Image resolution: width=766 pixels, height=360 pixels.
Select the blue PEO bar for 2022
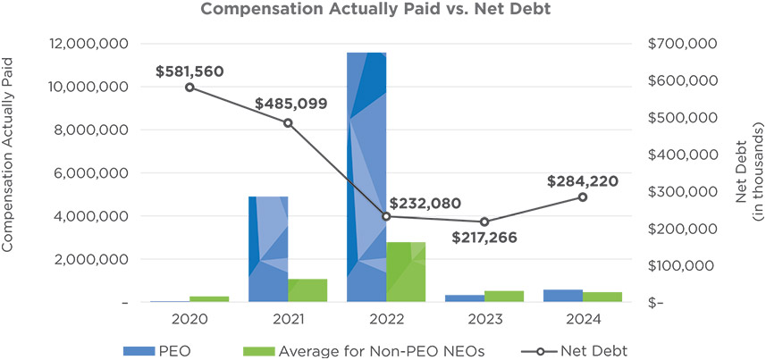tap(366, 179)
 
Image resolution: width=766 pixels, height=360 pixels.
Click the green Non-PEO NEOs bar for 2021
tap(307, 291)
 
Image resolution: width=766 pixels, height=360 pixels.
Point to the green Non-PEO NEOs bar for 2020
tap(209, 299)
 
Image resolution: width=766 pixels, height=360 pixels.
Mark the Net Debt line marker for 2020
tap(189, 87)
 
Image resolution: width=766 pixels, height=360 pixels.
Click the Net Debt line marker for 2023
tap(484, 222)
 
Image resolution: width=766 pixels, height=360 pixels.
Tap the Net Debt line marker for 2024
tap(583, 197)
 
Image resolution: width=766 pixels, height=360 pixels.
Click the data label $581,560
tap(189, 70)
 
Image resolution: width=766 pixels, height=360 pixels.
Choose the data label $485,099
tap(289, 104)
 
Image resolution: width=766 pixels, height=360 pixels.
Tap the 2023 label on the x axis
tap(484, 319)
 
